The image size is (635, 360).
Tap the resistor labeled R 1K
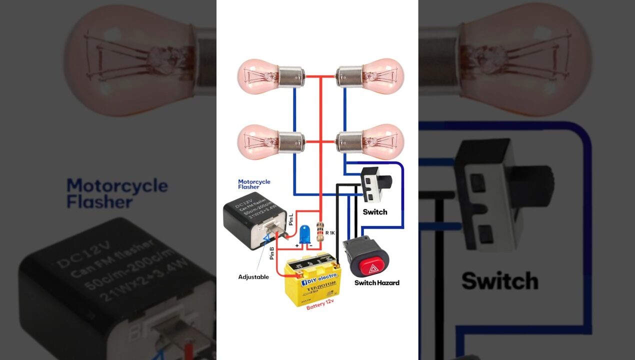click(x=320, y=232)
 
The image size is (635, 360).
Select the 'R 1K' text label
click(x=330, y=232)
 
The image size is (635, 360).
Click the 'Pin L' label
click(x=291, y=218)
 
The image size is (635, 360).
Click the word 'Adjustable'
click(x=253, y=277)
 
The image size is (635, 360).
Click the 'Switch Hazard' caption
click(x=377, y=283)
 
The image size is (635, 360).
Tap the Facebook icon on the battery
click(x=303, y=282)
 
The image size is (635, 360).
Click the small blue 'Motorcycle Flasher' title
click(x=254, y=184)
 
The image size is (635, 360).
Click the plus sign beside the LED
click(x=297, y=246)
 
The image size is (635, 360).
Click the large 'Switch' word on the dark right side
click(x=499, y=281)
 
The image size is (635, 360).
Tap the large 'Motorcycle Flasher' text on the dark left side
click(x=117, y=193)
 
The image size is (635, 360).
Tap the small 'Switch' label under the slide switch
click(x=375, y=212)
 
